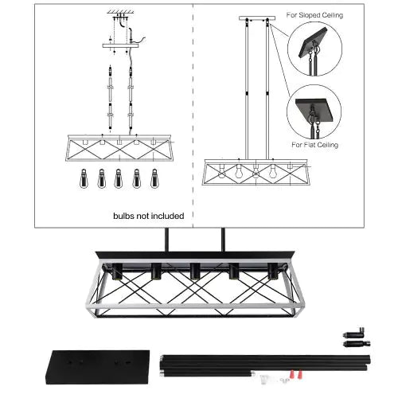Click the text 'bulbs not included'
point(148,216)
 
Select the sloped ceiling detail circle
point(314,49)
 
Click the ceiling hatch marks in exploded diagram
point(120,13)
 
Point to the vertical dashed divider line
point(193,111)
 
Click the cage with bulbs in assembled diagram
point(256,172)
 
